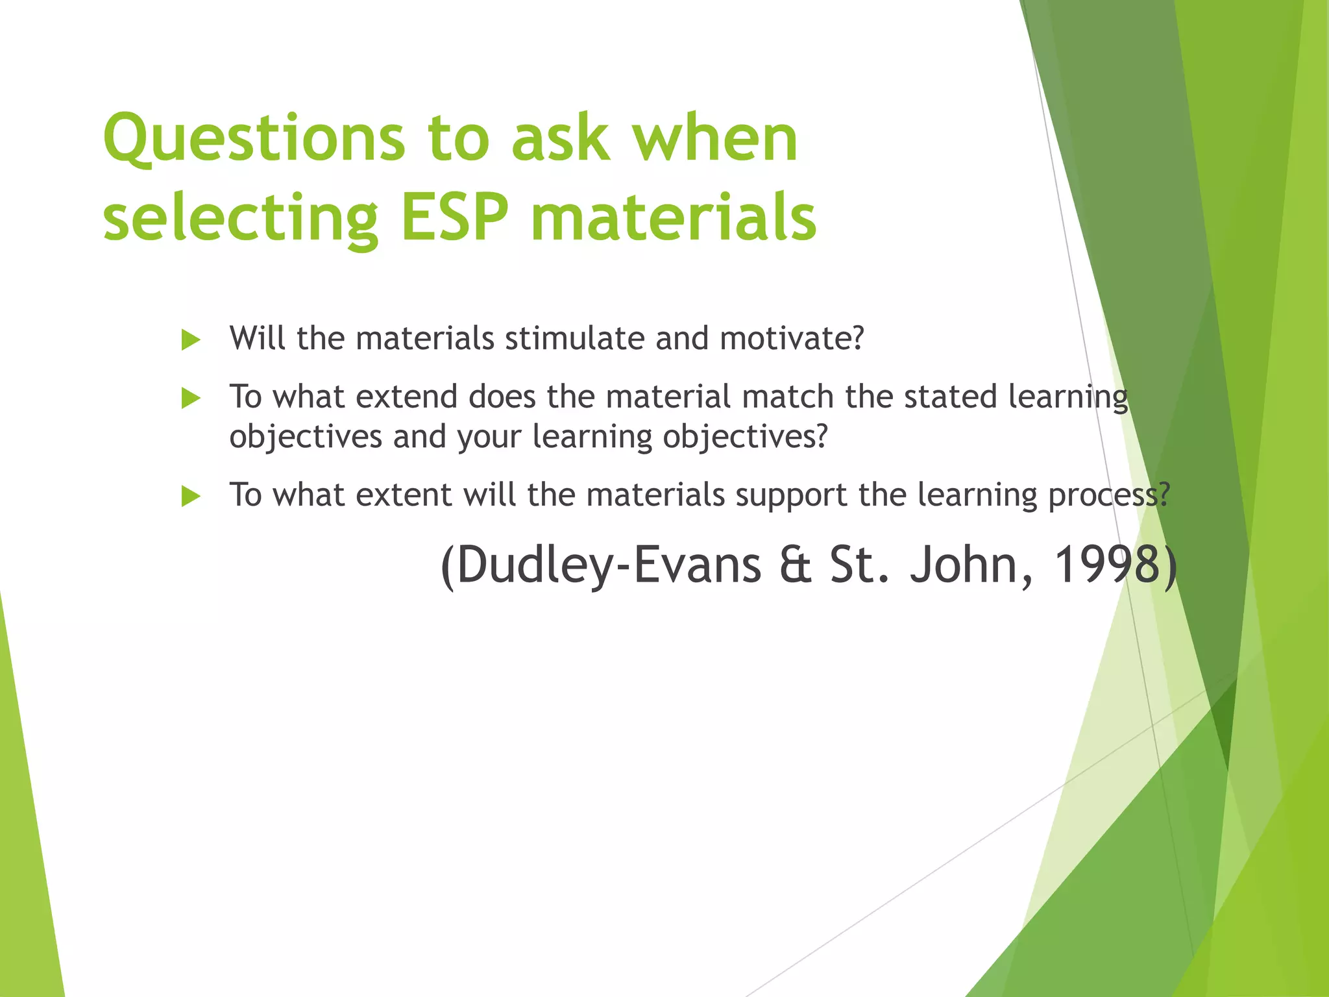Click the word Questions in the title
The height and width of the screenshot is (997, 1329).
pyautogui.click(x=254, y=140)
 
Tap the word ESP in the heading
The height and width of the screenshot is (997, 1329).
pyautogui.click(x=454, y=217)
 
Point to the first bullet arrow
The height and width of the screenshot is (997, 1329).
pyautogui.click(x=190, y=339)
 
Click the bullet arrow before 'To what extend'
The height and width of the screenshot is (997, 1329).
pyautogui.click(x=190, y=398)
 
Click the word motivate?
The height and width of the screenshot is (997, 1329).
pyautogui.click(x=792, y=338)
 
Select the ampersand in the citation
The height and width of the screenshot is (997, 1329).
pyautogui.click(x=796, y=565)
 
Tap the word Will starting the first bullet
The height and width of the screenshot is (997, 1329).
pyautogui.click(x=257, y=338)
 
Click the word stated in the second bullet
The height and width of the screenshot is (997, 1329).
pyautogui.click(x=950, y=397)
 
